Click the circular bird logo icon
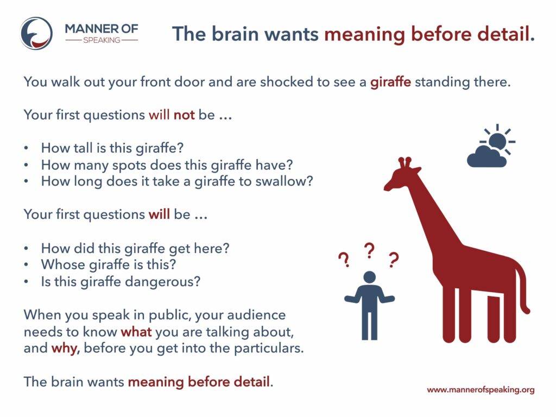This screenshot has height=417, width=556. point(36,33)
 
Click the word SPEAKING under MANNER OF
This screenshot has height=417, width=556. point(102,40)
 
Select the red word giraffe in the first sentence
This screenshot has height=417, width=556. point(390,83)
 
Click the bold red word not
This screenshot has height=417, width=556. point(184,115)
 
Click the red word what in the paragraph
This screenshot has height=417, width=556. point(136,332)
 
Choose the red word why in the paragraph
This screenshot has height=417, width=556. point(65,349)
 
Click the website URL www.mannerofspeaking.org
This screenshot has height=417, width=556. point(481,390)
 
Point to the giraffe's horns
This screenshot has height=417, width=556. point(405,162)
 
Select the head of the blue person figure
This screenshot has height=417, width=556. point(369,277)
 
